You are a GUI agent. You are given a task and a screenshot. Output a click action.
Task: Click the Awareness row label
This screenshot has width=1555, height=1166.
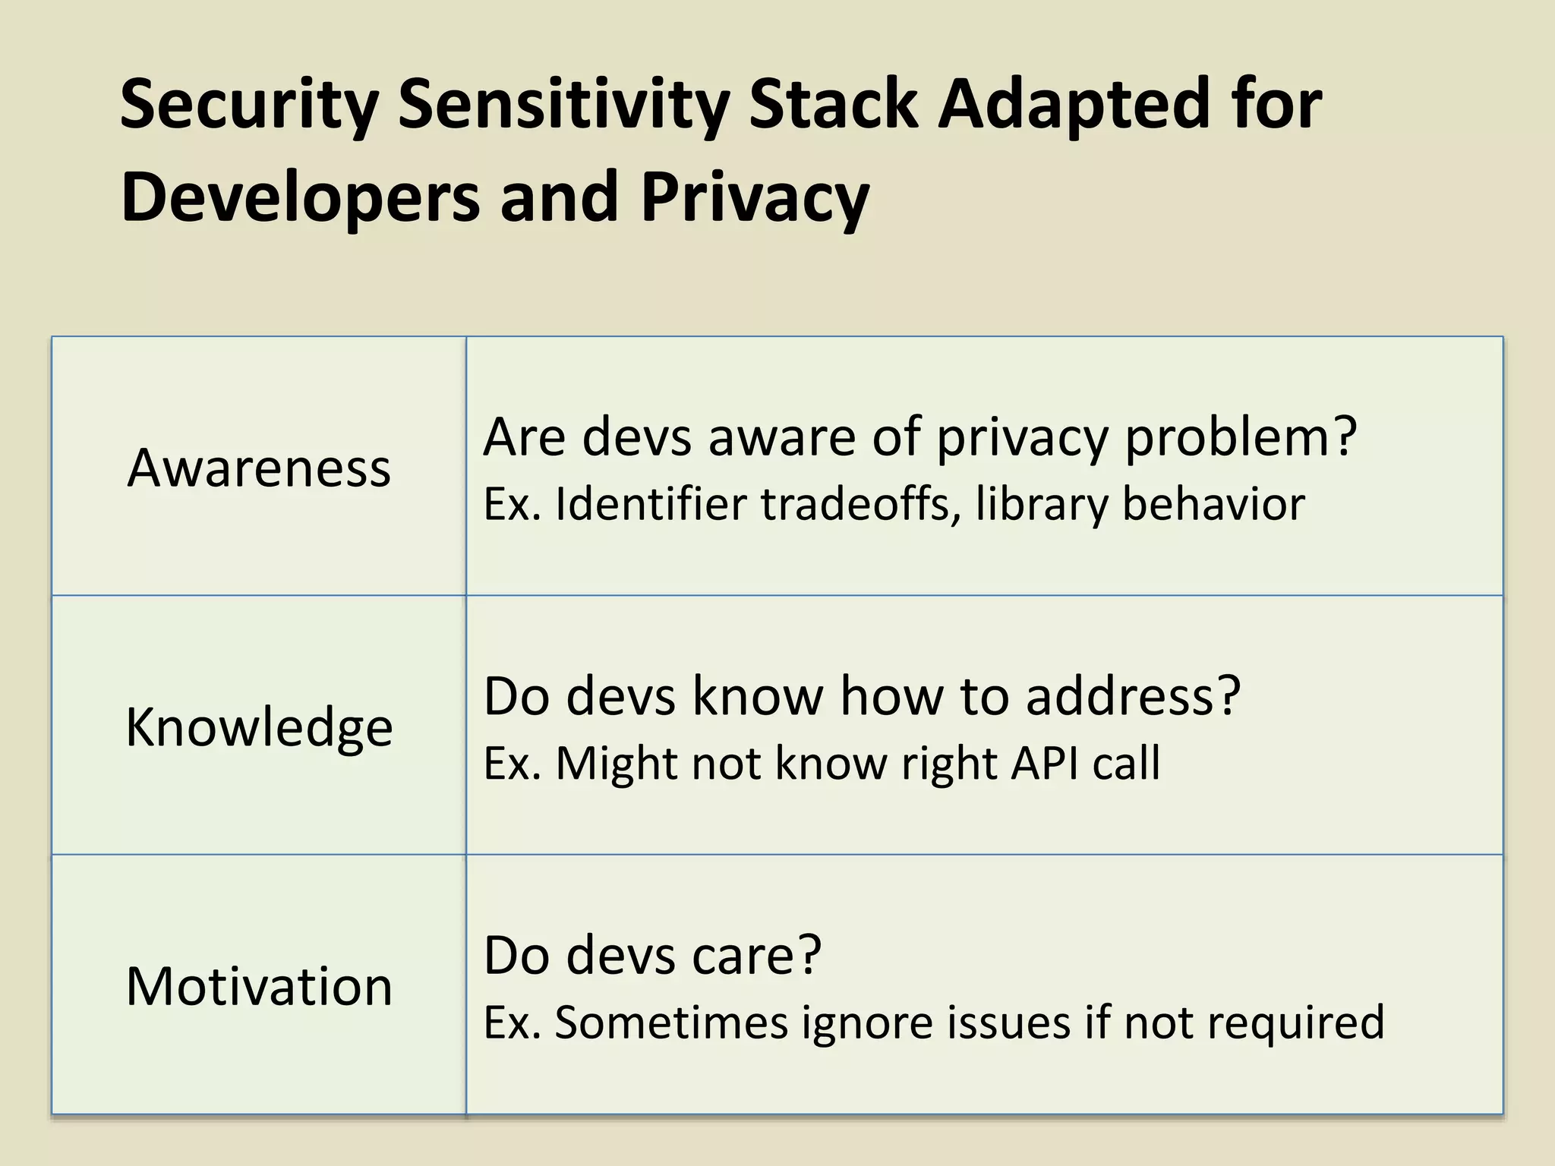click(x=259, y=468)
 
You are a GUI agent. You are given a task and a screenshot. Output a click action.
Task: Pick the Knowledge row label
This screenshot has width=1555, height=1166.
click(x=259, y=727)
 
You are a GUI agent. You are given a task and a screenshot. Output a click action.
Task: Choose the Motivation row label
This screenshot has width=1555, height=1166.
click(x=259, y=986)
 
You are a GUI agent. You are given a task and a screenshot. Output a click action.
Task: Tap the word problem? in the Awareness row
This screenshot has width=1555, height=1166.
click(x=1240, y=439)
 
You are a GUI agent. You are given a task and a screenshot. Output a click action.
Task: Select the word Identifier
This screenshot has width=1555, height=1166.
click(x=651, y=504)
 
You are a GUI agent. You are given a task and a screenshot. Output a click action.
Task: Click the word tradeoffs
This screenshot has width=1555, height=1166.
click(x=855, y=504)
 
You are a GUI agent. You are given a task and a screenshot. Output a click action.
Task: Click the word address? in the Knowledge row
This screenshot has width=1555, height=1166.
click(x=1133, y=696)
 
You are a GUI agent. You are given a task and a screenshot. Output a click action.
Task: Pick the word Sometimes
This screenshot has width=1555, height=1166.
click(x=671, y=1022)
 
